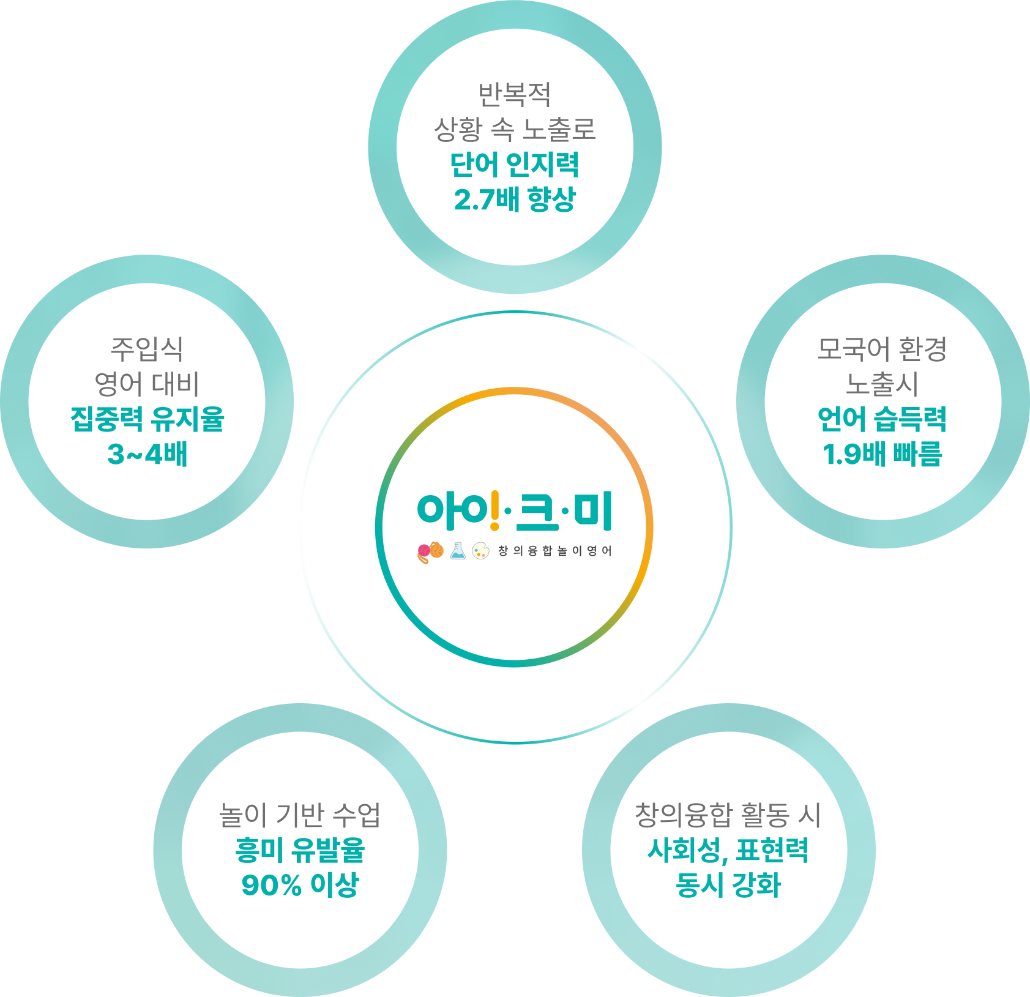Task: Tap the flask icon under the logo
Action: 458,551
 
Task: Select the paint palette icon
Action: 480,551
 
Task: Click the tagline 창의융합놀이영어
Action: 554,551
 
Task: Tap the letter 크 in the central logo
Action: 537,512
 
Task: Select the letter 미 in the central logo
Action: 592,512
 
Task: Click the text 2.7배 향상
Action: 515,200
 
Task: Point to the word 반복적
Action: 515,94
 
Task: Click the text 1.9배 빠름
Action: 882,454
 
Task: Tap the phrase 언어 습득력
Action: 882,419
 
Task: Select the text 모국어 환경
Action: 882,349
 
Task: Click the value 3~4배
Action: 147,454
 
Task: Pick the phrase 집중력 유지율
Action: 147,419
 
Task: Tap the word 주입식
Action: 147,349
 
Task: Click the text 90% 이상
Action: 300,884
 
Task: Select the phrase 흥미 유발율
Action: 300,850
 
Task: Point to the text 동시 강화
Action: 728,884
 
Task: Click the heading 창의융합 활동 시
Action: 728,815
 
